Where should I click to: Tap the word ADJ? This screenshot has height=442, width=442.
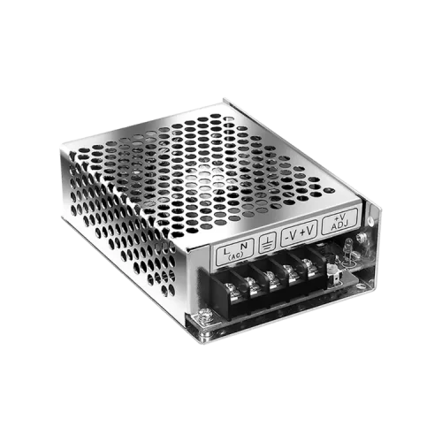coord(339,225)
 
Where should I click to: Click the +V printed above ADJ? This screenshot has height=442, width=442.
coord(339,216)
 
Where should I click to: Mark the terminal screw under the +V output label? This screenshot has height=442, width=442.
coord(310,263)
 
